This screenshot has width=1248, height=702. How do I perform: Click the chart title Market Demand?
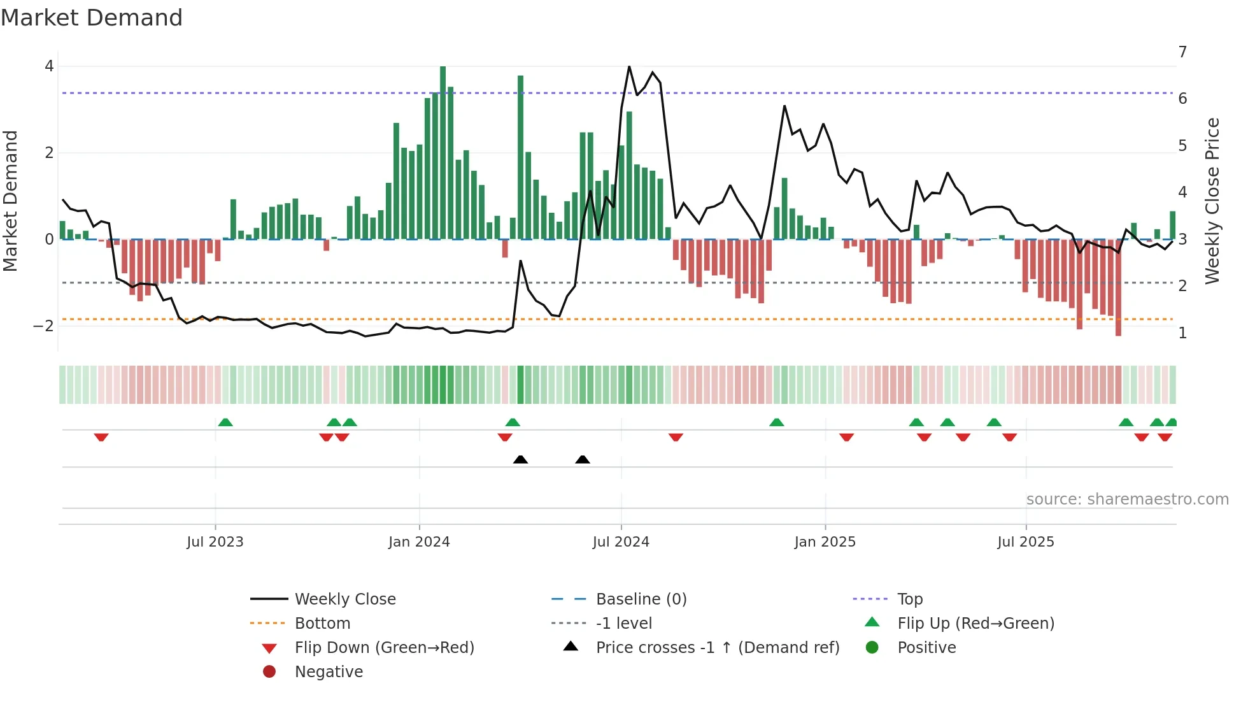coord(92,18)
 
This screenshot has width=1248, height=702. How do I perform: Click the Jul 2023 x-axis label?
coord(215,542)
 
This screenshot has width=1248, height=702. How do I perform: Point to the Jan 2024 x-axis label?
coord(419,542)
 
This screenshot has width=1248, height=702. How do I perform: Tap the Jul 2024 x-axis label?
coord(621,542)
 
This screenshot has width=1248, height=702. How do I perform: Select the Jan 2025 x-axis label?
coord(825,542)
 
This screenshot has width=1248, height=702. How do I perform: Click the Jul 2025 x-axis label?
coord(1026,542)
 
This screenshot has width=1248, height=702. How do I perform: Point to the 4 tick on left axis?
coord(49,66)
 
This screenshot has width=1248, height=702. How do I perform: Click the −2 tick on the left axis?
coord(43,326)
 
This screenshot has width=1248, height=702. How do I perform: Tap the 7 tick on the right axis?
coord(1182,52)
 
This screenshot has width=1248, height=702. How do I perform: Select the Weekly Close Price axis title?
coord(1212,201)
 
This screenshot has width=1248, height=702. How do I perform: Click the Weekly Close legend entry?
coord(344,599)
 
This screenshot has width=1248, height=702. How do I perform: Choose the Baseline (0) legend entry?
coord(641,599)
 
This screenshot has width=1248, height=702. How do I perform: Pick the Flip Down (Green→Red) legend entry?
coord(384,648)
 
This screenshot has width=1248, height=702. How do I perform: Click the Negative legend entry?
coord(329,672)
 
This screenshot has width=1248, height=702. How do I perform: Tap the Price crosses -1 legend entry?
coord(717,648)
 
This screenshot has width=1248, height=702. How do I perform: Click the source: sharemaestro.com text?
coord(1127,499)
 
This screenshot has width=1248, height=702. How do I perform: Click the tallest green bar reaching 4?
coord(443,153)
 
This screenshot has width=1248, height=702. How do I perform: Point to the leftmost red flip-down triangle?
coord(101,437)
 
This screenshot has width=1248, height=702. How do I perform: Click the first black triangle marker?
coord(520,459)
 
